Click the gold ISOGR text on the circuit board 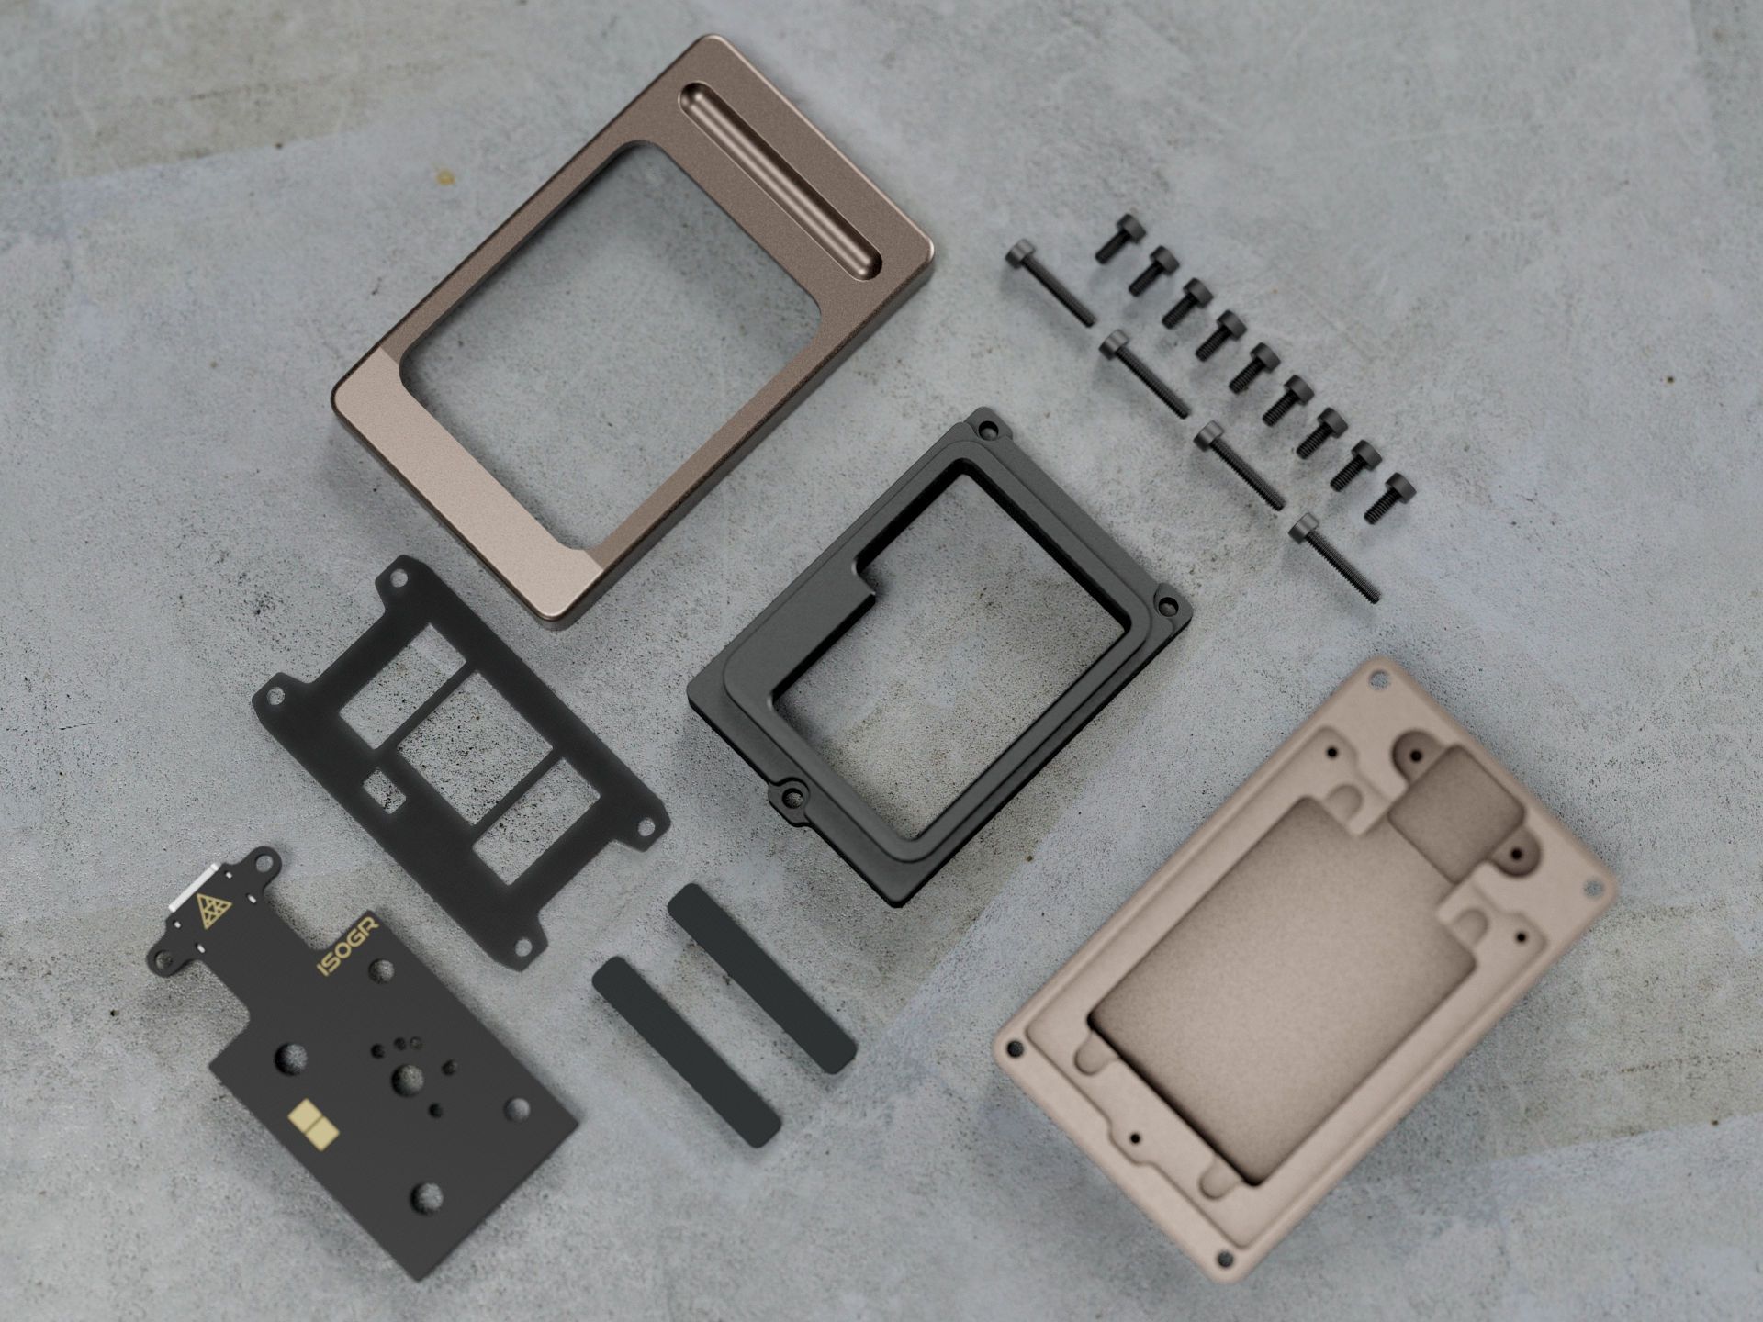pos(347,946)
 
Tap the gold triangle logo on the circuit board pos(215,910)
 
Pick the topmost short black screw pos(1121,238)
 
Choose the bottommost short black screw pos(1389,498)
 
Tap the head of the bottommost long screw pos(1305,528)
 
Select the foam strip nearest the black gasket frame pos(762,980)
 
